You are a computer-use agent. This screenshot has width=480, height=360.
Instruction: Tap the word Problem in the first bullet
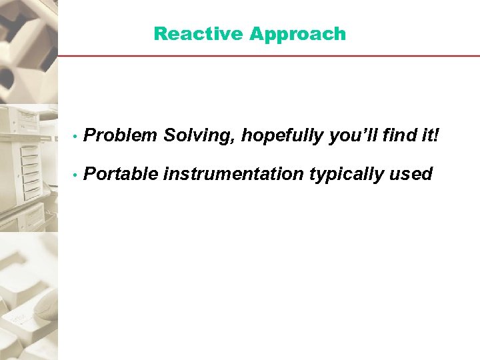click(121, 136)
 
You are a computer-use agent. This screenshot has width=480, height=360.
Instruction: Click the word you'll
click(354, 136)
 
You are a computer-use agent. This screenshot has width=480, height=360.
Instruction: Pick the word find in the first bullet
click(399, 136)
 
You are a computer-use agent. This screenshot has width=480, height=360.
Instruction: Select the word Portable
click(121, 174)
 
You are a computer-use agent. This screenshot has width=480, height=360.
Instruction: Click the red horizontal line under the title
click(267, 55)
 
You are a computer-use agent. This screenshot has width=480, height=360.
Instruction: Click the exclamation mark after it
click(437, 136)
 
